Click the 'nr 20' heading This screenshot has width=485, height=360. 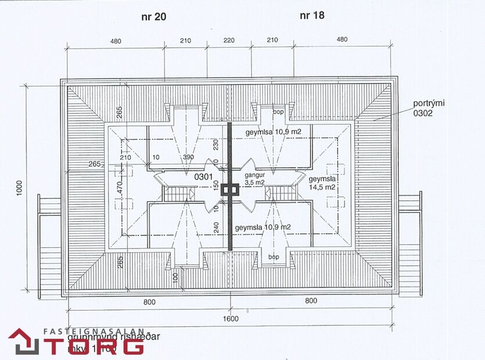[153, 17]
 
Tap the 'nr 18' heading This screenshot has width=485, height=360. [312, 16]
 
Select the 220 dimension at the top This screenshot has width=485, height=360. [229, 41]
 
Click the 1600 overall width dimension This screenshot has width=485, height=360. [231, 319]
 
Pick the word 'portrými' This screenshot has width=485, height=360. [429, 104]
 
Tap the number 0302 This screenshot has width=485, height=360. [423, 114]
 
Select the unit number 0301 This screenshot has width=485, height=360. [203, 175]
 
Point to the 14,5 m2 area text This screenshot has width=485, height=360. [322, 187]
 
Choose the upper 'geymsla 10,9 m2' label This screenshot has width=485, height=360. [272, 132]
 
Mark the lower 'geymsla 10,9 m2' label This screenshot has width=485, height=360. [263, 227]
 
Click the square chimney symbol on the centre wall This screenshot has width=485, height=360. [231, 188]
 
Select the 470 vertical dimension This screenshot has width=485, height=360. [120, 188]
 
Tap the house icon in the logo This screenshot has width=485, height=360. [23, 341]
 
